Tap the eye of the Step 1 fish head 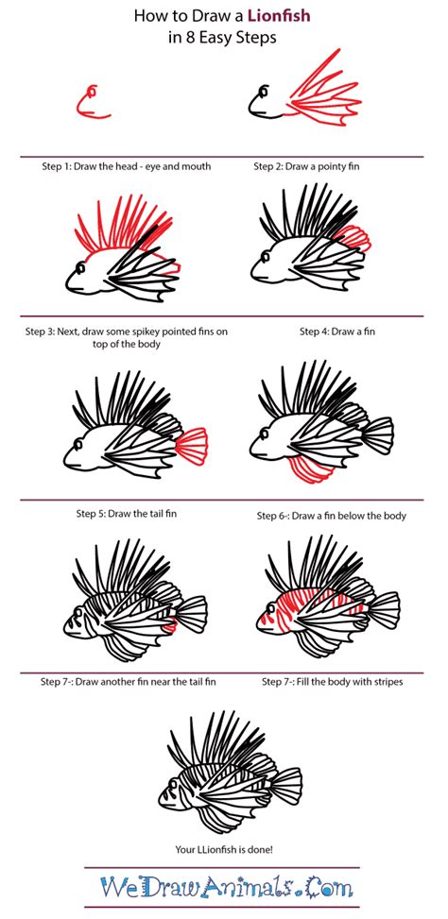click(92, 91)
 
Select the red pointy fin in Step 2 click(323, 94)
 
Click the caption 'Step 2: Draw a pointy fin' click(306, 166)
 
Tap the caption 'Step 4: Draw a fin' click(337, 332)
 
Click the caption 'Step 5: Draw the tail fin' click(126, 514)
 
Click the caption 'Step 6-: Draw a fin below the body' click(332, 517)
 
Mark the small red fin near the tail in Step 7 click(169, 626)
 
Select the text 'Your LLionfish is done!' click(223, 848)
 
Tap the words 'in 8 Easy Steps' click(222, 38)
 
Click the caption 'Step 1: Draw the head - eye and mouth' click(126, 166)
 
